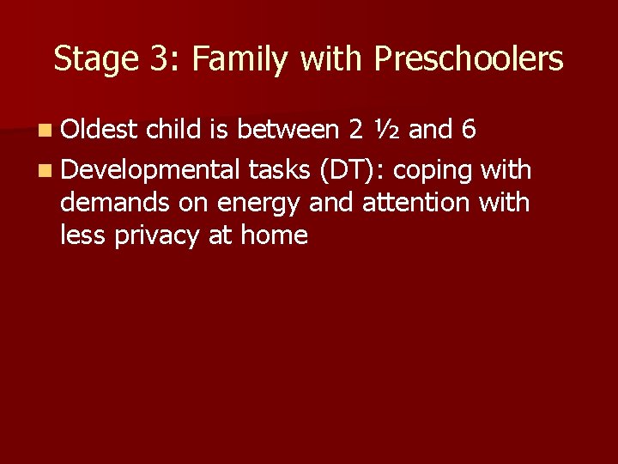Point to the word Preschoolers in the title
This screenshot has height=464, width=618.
[469, 59]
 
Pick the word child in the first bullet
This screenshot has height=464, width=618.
[175, 131]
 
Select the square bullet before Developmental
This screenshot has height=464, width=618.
[45, 170]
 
